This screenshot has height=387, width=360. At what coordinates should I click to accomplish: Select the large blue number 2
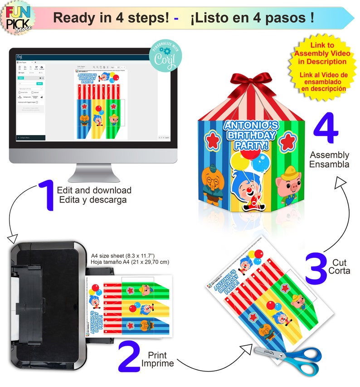[x=129, y=357]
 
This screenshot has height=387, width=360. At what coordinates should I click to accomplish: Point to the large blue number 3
[x=316, y=269]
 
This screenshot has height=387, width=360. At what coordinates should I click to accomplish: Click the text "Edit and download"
[x=94, y=190]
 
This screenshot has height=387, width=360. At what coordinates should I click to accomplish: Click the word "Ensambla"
[x=329, y=164]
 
